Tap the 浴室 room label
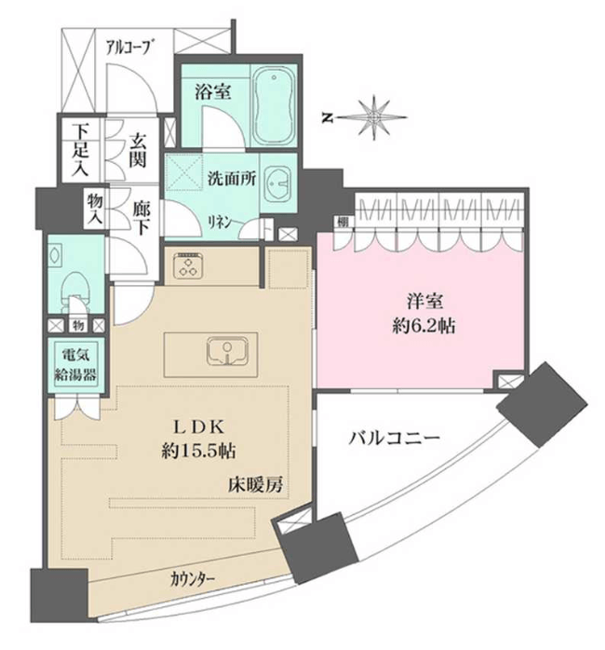pyautogui.click(x=213, y=91)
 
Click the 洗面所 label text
pyautogui.click(x=232, y=178)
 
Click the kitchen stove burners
pyautogui.click(x=189, y=266)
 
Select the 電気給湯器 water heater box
pyautogui.click(x=75, y=365)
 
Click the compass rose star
pyautogui.click(x=374, y=117)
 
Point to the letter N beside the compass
pyautogui.click(x=328, y=118)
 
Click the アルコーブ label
pyautogui.click(x=128, y=47)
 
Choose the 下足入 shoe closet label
pyautogui.click(x=81, y=150)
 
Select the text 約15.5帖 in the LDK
pyautogui.click(x=199, y=451)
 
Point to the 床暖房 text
pyautogui.click(x=255, y=484)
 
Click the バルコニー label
pyautogui.click(x=394, y=439)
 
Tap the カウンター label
pyautogui.click(x=193, y=578)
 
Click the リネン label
pyautogui.click(x=220, y=223)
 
